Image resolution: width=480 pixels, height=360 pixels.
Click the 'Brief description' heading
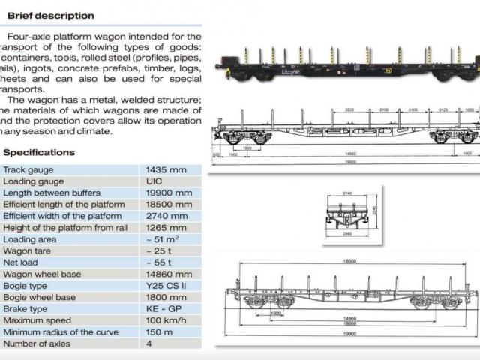[50, 15]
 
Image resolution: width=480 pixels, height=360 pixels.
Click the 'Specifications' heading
[39, 152]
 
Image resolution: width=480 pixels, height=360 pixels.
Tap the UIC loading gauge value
[154, 181]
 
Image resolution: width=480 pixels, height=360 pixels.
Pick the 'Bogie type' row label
[29, 286]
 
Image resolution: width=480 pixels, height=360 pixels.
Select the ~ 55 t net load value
[158, 262]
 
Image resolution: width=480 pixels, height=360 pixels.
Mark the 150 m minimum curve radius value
[160, 332]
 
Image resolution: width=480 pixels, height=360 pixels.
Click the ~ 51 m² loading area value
[160, 239]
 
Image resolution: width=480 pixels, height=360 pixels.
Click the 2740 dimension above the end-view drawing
[346, 193]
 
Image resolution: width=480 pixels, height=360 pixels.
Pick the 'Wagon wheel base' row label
[43, 274]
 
